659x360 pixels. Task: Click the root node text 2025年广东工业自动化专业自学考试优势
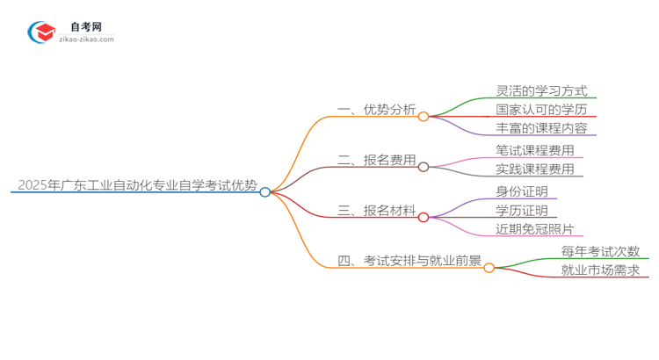pyautogui.click(x=136, y=185)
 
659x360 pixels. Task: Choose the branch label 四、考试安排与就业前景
pyautogui.click(x=409, y=260)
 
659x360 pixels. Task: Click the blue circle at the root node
pyautogui.click(x=264, y=191)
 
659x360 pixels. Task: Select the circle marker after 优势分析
pyautogui.click(x=424, y=116)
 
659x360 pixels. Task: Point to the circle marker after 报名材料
pyautogui.click(x=424, y=217)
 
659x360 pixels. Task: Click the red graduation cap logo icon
pyautogui.click(x=41, y=32)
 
